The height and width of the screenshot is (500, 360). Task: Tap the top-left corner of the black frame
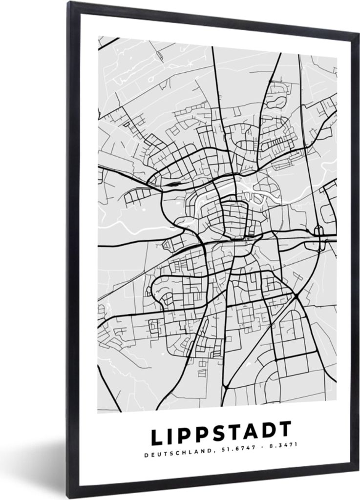point(68,2)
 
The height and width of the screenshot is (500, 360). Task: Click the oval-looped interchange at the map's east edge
point(318,238)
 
